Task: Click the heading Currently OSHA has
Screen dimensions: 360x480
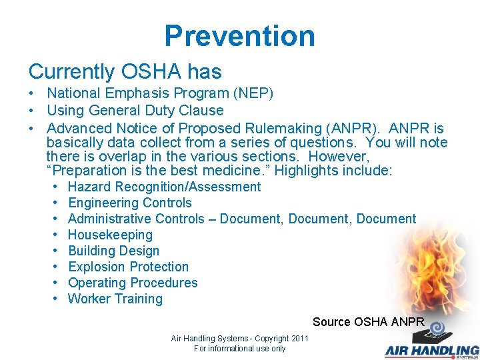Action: (125, 71)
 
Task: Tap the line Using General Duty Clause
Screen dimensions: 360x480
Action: (135, 111)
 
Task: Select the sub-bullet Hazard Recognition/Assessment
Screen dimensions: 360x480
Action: (164, 187)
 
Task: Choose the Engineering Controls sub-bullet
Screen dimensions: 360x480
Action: (129, 203)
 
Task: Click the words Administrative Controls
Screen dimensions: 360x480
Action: (136, 219)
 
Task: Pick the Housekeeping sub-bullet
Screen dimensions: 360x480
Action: (110, 235)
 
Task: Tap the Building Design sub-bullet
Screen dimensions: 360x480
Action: (113, 251)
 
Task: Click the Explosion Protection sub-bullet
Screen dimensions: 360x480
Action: (128, 267)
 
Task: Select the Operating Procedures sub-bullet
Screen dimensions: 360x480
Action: (133, 283)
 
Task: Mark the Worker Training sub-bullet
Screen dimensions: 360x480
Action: (115, 299)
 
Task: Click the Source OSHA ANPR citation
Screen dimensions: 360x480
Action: (368, 321)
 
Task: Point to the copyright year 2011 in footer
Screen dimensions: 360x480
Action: (298, 339)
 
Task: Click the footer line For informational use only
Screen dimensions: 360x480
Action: (239, 349)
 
